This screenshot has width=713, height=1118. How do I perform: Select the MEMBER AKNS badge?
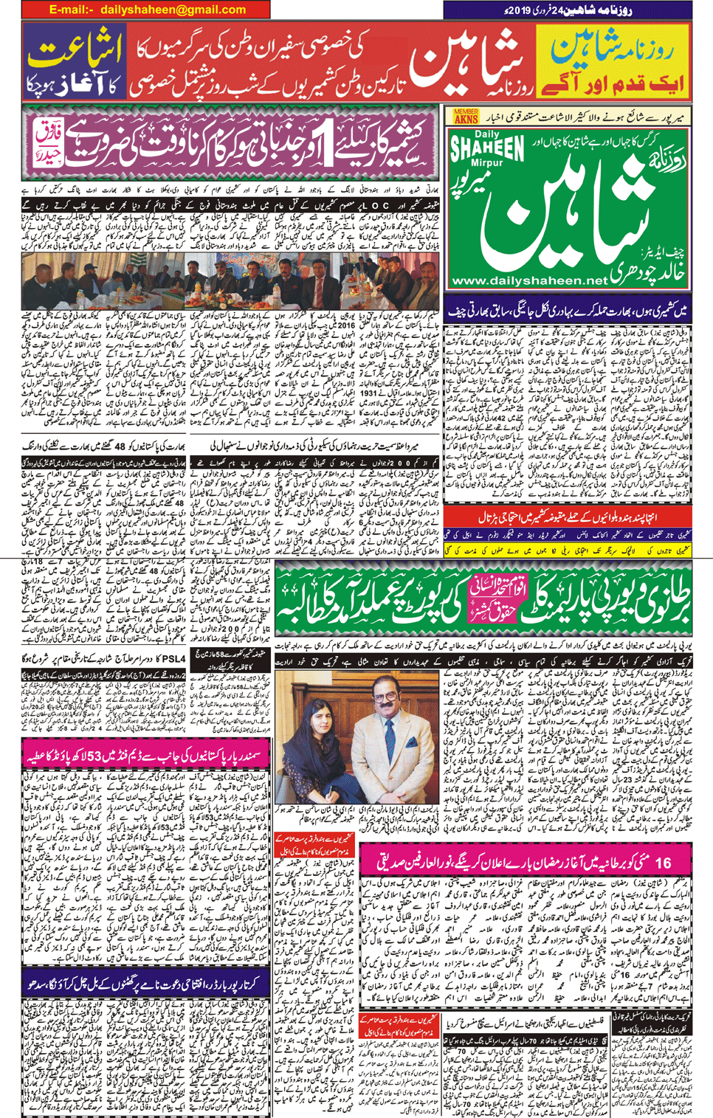[466, 116]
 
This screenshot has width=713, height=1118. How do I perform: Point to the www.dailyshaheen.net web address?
[528, 280]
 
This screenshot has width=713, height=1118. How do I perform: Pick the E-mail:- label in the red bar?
[71, 10]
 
